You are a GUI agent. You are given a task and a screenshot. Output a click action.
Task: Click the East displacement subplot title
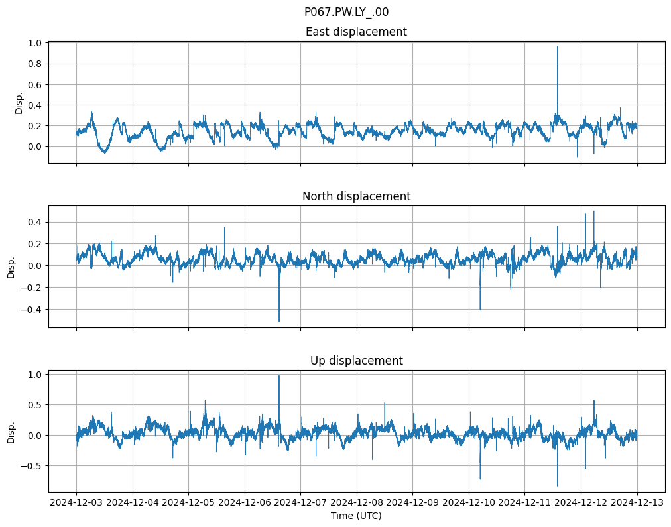tap(356, 32)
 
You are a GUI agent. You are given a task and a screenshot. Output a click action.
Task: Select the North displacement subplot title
tap(356, 196)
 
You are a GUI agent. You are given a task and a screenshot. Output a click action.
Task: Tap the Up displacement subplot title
tap(356, 361)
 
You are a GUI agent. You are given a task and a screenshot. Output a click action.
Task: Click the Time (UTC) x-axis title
tap(356, 516)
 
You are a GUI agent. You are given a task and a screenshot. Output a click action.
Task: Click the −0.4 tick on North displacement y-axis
tap(30, 309)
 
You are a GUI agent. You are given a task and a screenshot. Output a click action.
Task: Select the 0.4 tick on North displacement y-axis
tap(32, 222)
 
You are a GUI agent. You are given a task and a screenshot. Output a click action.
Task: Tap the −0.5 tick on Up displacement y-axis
tap(30, 465)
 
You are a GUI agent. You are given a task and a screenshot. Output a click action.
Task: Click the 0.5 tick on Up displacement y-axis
tap(32, 404)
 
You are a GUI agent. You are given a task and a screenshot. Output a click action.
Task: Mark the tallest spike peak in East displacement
tap(558, 47)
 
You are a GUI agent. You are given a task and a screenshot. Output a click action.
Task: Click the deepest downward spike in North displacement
tap(279, 321)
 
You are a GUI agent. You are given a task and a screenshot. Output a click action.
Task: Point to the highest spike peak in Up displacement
tap(279, 376)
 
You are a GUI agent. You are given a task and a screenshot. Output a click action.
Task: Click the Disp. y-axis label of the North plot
tap(11, 266)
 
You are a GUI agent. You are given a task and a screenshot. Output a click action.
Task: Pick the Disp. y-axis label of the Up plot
tap(11, 430)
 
